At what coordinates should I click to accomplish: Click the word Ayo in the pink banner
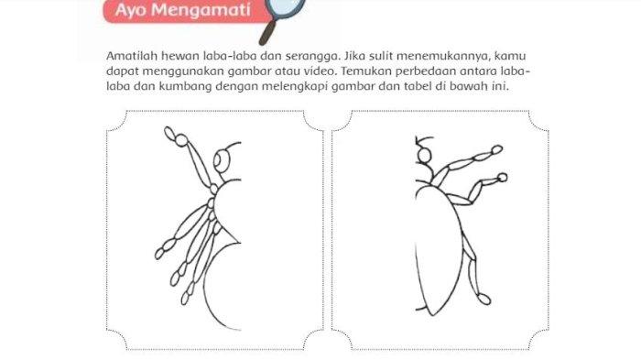pos(130,10)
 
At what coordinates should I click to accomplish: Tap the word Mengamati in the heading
pos(201,9)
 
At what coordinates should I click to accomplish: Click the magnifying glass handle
pos(267,33)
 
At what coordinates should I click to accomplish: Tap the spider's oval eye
pos(222,158)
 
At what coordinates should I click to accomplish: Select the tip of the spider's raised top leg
pos(169,132)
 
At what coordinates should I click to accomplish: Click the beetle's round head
pos(424,156)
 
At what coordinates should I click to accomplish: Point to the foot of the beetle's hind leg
pos(484,299)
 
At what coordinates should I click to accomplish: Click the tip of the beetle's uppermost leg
pos(497,149)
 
